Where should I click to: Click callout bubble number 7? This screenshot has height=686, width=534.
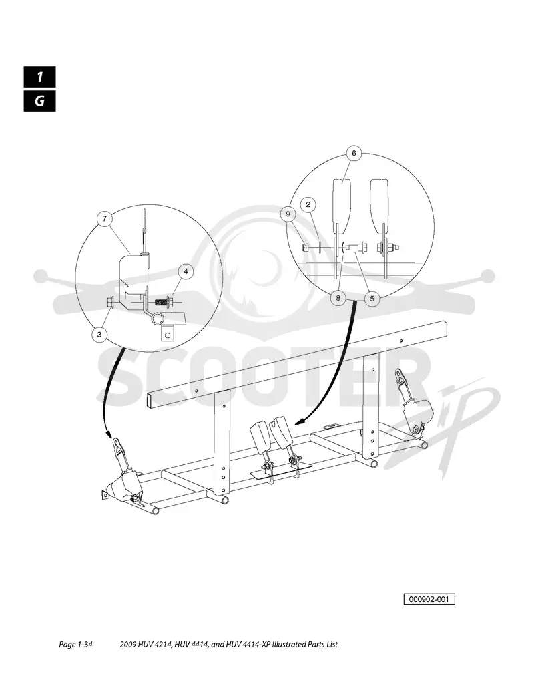coord(105,219)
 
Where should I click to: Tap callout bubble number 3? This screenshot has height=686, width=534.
coord(99,335)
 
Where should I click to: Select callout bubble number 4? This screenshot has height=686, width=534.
coord(186,272)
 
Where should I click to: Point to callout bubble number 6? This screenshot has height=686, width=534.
coord(354,153)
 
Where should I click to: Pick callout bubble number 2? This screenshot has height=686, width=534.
coord(308,204)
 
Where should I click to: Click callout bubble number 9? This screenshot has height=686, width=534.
coord(288,214)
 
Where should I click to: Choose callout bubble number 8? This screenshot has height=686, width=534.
coord(338,299)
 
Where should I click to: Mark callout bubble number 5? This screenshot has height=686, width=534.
coord(372,299)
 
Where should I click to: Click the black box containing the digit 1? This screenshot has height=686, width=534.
coord(40,77)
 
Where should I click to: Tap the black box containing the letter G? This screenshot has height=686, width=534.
coord(40,101)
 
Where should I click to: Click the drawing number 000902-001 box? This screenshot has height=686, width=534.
coord(429,599)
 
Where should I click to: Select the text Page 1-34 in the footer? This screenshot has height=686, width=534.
coord(75,644)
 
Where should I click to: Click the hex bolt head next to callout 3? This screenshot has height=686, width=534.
coord(109,302)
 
